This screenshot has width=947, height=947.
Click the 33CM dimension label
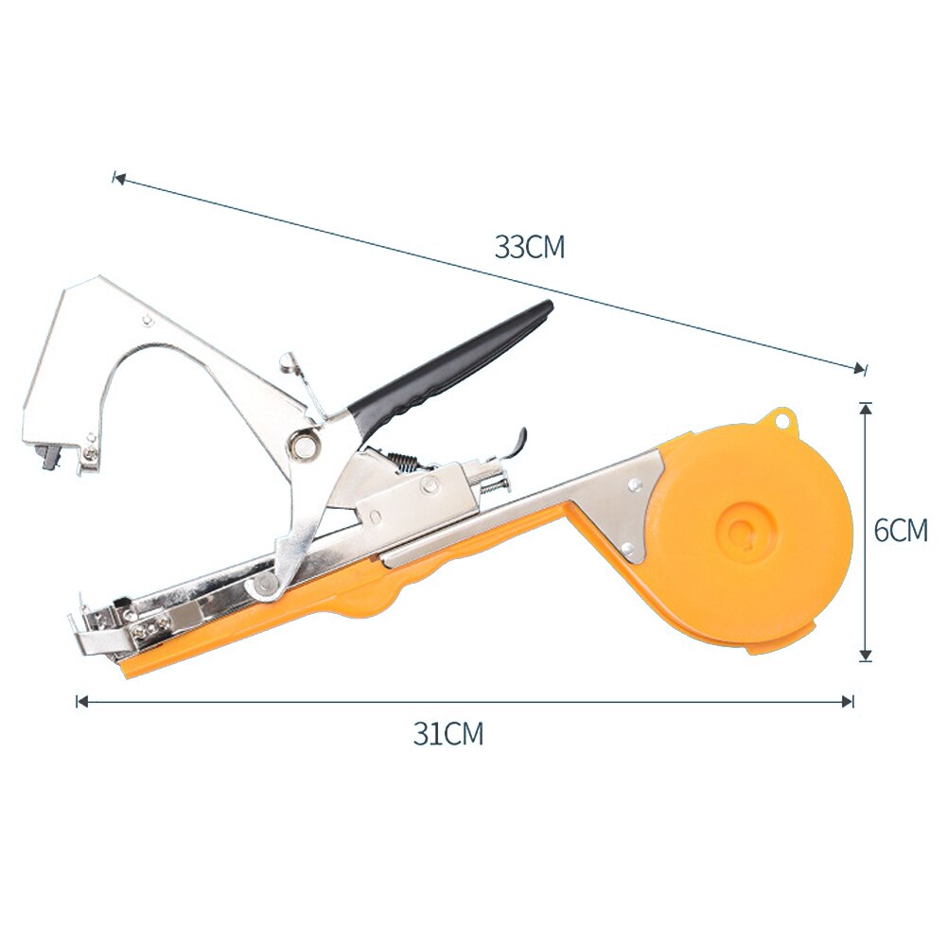click(529, 248)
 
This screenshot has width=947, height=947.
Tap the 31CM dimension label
click(447, 733)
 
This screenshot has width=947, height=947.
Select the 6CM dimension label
click(900, 530)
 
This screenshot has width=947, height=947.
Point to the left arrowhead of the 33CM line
click(117, 177)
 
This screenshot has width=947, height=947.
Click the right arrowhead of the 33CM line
click(860, 368)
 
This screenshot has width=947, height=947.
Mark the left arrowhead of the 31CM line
click(81, 701)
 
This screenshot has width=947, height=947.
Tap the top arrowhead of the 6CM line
click(865, 408)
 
